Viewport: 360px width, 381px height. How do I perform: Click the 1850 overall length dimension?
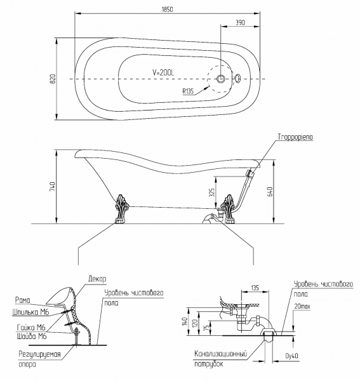(x=167, y=10)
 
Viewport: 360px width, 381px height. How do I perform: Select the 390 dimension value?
(x=240, y=22)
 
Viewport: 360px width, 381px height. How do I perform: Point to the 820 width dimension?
(x=53, y=79)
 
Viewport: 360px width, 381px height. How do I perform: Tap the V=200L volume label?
(x=163, y=72)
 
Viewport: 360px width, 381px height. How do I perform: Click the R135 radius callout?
(x=188, y=91)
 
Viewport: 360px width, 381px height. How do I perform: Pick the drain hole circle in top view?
(x=221, y=79)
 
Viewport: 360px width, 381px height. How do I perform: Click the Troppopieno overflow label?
(x=295, y=137)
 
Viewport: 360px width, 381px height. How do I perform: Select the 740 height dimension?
(x=53, y=186)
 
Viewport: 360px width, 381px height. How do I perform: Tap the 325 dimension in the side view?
(x=212, y=192)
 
